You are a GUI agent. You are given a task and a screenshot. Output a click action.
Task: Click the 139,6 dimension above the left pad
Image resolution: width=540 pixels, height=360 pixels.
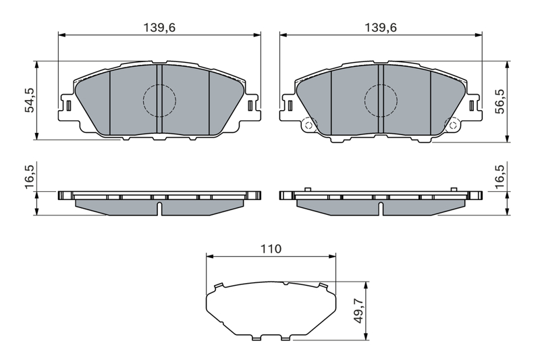point(159,27)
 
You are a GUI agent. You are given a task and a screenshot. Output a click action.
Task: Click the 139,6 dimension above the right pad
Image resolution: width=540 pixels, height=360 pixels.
point(381,27)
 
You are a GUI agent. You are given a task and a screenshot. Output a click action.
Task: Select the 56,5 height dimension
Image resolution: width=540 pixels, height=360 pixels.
point(500,101)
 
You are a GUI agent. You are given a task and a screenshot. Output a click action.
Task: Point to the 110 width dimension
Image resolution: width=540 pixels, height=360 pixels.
point(271,249)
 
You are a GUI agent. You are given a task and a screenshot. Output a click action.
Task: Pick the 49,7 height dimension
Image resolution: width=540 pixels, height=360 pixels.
point(359,311)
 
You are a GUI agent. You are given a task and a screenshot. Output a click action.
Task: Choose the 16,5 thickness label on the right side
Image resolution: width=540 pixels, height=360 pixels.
point(500,176)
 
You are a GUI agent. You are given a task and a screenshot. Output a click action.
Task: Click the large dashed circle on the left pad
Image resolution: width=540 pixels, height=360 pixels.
point(159,84)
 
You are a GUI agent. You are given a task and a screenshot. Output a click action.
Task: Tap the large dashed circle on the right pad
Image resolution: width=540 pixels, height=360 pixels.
point(381,84)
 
